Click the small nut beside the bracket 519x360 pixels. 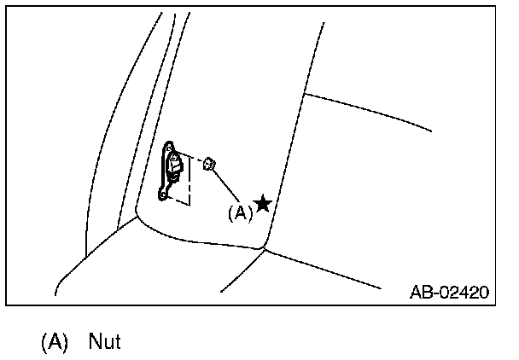click(210, 163)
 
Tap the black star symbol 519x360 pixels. click(263, 204)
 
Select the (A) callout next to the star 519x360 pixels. click(240, 213)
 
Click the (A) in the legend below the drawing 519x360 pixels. click(54, 342)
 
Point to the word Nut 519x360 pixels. click(105, 342)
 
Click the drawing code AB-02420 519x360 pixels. click(448, 293)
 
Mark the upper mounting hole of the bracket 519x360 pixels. click(169, 147)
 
